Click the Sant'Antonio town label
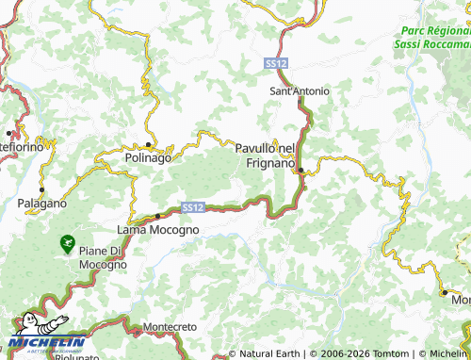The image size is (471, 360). click(300, 91)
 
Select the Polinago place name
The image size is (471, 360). click(148, 158)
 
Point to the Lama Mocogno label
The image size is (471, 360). click(157, 229)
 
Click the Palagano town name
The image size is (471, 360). click(41, 203)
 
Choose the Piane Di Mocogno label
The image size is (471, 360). click(103, 257)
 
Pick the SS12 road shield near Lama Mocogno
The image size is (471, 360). click(191, 206)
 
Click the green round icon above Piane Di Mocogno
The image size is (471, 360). click(67, 243)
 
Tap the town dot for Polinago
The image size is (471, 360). click(149, 144)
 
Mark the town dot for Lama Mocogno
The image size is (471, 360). click(157, 217)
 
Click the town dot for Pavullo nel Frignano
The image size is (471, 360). click(300, 171)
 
